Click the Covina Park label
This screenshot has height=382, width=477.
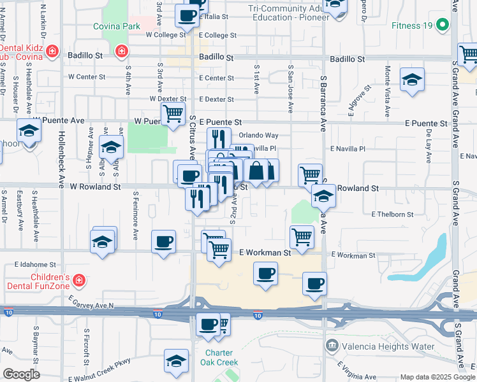[116, 27]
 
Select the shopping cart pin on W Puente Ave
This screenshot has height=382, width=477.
[173, 115]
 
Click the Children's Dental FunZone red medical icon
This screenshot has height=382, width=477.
[78, 279]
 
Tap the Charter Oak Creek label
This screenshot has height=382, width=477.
[221, 358]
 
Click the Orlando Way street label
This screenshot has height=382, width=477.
[259, 135]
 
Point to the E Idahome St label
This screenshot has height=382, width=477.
[36, 264]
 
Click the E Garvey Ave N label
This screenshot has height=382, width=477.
[93, 305]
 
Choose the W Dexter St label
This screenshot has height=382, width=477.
[168, 99]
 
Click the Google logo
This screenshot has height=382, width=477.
[21, 374]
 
